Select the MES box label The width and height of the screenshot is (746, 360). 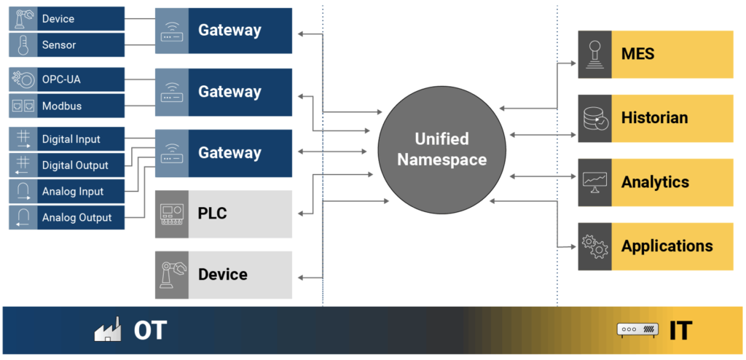pyautogui.click(x=637, y=54)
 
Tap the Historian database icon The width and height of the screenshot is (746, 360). pyautogui.click(x=594, y=118)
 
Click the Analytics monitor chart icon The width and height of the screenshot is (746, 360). pyautogui.click(x=594, y=182)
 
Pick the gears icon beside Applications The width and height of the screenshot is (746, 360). pyautogui.click(x=594, y=246)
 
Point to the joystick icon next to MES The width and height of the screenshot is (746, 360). pyautogui.click(x=594, y=54)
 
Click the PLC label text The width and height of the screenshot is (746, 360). pyautogui.click(x=212, y=214)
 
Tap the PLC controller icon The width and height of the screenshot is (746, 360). pyautogui.click(x=172, y=214)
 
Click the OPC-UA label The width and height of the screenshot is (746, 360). pyautogui.click(x=61, y=79)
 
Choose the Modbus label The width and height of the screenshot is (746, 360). pyautogui.click(x=61, y=106)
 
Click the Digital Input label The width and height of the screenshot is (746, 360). pyautogui.click(x=71, y=139)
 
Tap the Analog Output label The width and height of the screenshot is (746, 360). pyautogui.click(x=77, y=218)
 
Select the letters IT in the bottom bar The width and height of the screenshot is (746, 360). pyautogui.click(x=681, y=331)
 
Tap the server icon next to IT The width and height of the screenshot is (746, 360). pyautogui.click(x=638, y=329)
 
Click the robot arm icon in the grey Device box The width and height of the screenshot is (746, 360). pyautogui.click(x=172, y=275)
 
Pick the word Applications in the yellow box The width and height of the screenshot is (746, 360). pyautogui.click(x=667, y=246)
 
